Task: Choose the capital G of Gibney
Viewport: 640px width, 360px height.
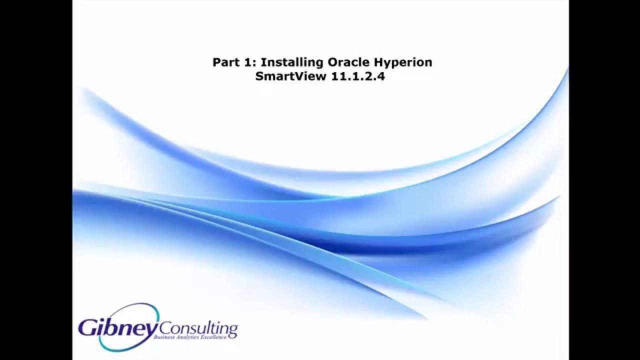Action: [88, 327]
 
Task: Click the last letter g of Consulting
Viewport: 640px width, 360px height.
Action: [232, 331]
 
